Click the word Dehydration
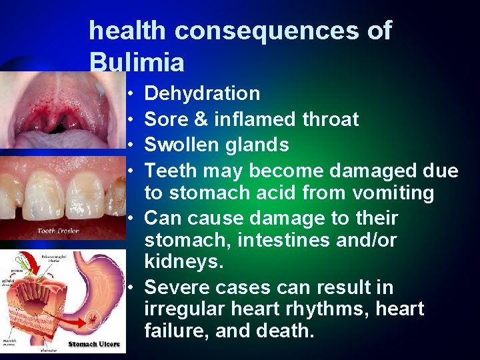[202, 94]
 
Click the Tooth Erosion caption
[59, 231]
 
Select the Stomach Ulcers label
[94, 344]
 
